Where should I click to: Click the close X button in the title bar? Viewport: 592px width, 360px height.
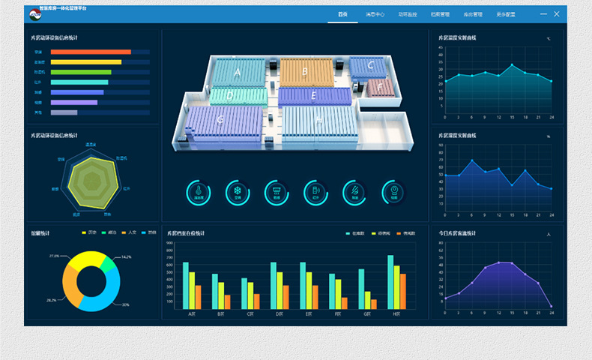pyautogui.click(x=557, y=14)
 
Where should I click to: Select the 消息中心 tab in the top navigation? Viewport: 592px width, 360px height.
pyautogui.click(x=375, y=14)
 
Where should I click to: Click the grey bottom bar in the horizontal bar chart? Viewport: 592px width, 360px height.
pyautogui.click(x=64, y=112)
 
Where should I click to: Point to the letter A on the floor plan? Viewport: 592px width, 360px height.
pyautogui.click(x=238, y=73)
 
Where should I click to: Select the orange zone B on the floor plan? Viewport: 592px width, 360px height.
pyautogui.click(x=304, y=72)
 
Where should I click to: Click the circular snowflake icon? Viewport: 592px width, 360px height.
pyautogui.click(x=238, y=193)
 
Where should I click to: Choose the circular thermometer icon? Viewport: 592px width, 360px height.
pyautogui.click(x=199, y=193)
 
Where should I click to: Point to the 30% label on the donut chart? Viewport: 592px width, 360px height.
pyautogui.click(x=125, y=304)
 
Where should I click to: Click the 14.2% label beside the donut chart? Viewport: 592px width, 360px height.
pyautogui.click(x=126, y=256)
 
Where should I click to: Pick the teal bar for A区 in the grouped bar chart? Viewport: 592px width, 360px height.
pyautogui.click(x=186, y=285)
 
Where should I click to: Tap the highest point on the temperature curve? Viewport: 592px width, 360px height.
pyautogui.click(x=513, y=65)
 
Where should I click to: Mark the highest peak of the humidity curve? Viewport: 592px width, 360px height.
pyautogui.click(x=472, y=160)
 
